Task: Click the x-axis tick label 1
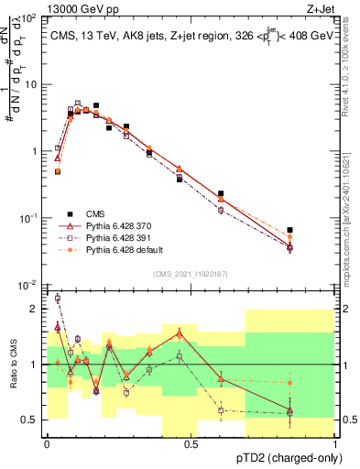click(335, 443)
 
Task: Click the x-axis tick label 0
click(46, 443)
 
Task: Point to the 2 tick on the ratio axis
click(36, 310)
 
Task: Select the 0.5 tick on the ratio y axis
click(32, 420)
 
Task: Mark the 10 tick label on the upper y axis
click(30, 84)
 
